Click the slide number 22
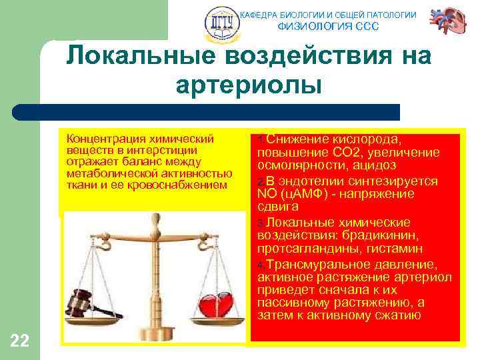pos(20,341)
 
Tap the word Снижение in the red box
pos(295,139)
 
